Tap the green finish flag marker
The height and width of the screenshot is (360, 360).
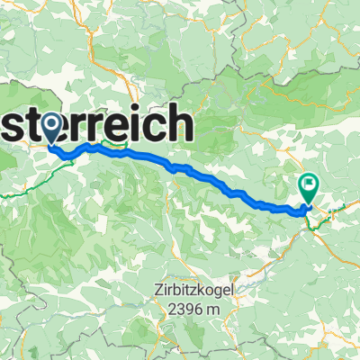[309, 186]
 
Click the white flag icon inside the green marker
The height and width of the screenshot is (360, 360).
[309, 184]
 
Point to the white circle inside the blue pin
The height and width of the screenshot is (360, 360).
[51, 123]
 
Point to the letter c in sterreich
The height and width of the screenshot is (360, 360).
[161, 127]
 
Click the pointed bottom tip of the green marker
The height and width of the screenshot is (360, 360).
[309, 204]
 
